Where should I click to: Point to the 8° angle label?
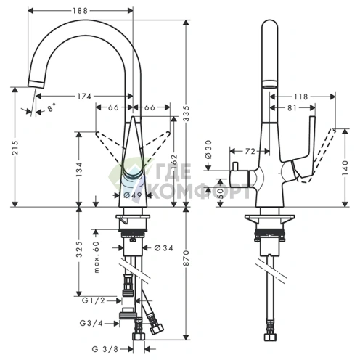click(50, 109)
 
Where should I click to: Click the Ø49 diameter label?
click(131, 195)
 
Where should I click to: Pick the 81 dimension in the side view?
click(290, 108)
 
